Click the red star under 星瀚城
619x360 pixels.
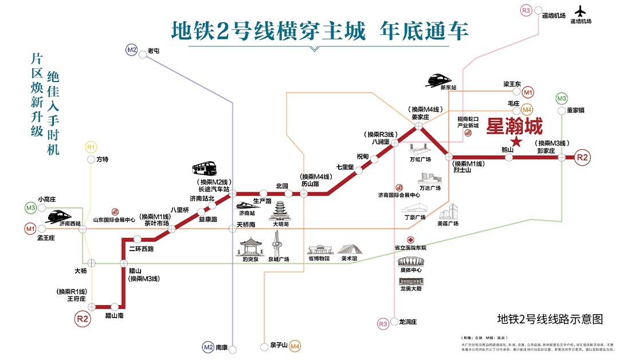[x=516, y=142]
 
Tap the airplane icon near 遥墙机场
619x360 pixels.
[x=581, y=11]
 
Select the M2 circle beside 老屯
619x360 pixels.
[x=132, y=50]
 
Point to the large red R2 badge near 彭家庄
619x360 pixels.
[x=582, y=157]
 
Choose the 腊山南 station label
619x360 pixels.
[x=115, y=316]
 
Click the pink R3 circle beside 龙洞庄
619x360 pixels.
[x=383, y=324]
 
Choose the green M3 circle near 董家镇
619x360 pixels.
[x=562, y=98]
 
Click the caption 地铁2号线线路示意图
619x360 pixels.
[x=550, y=319]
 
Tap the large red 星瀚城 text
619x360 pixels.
[x=514, y=126]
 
